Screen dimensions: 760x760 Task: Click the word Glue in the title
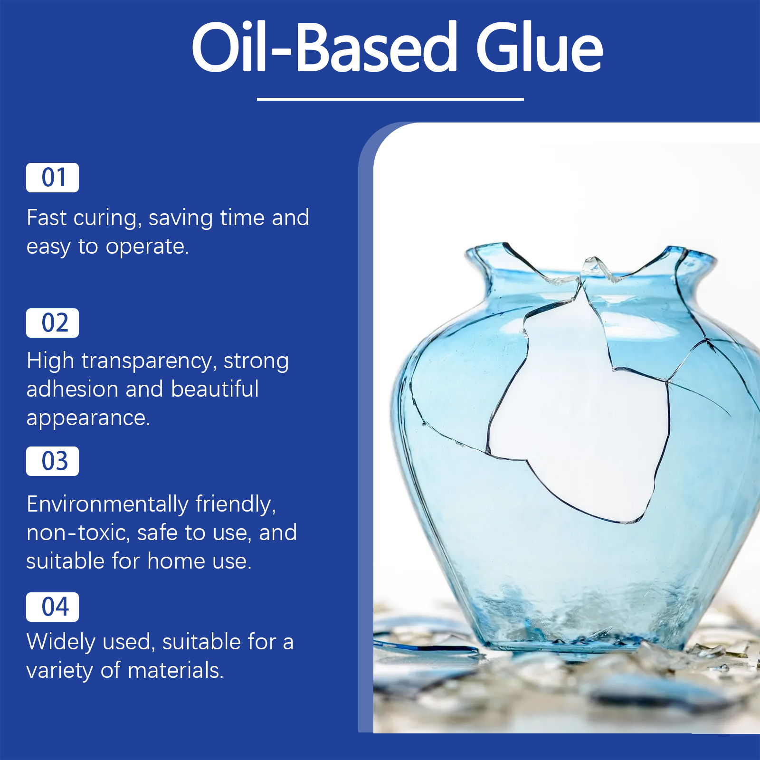[540, 48]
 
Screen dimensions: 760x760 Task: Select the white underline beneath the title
[390, 99]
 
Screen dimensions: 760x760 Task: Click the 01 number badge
[52, 178]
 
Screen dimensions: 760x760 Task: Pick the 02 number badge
[52, 323]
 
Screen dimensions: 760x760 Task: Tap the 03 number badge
[52, 461]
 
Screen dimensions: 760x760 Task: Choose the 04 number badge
[52, 607]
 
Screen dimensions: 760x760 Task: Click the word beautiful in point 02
[215, 389]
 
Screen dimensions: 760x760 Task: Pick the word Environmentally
[107, 505]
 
